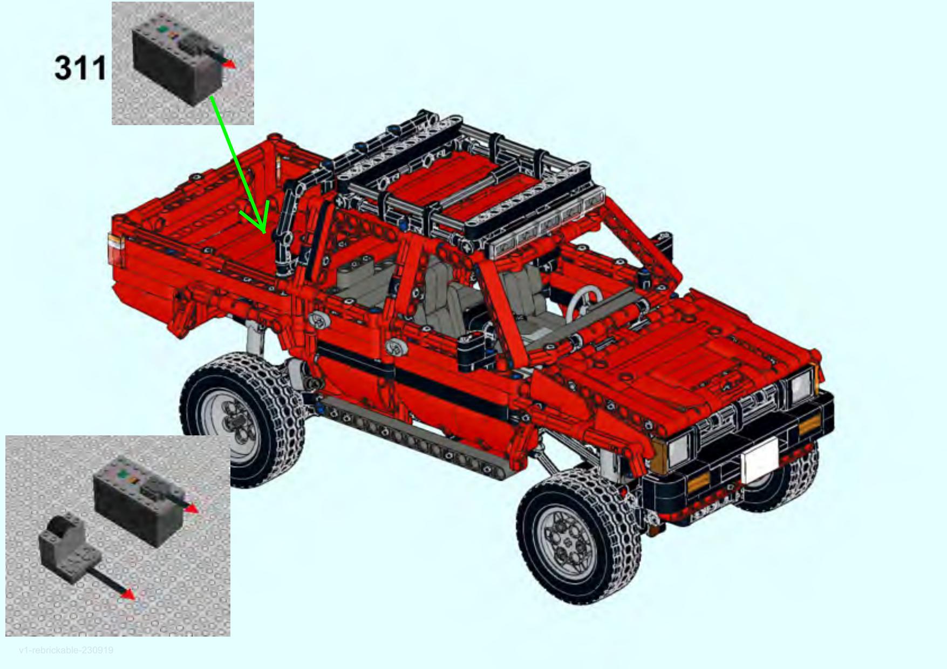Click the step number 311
point(80,69)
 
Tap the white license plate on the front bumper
point(760,460)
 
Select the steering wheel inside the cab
point(584,300)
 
